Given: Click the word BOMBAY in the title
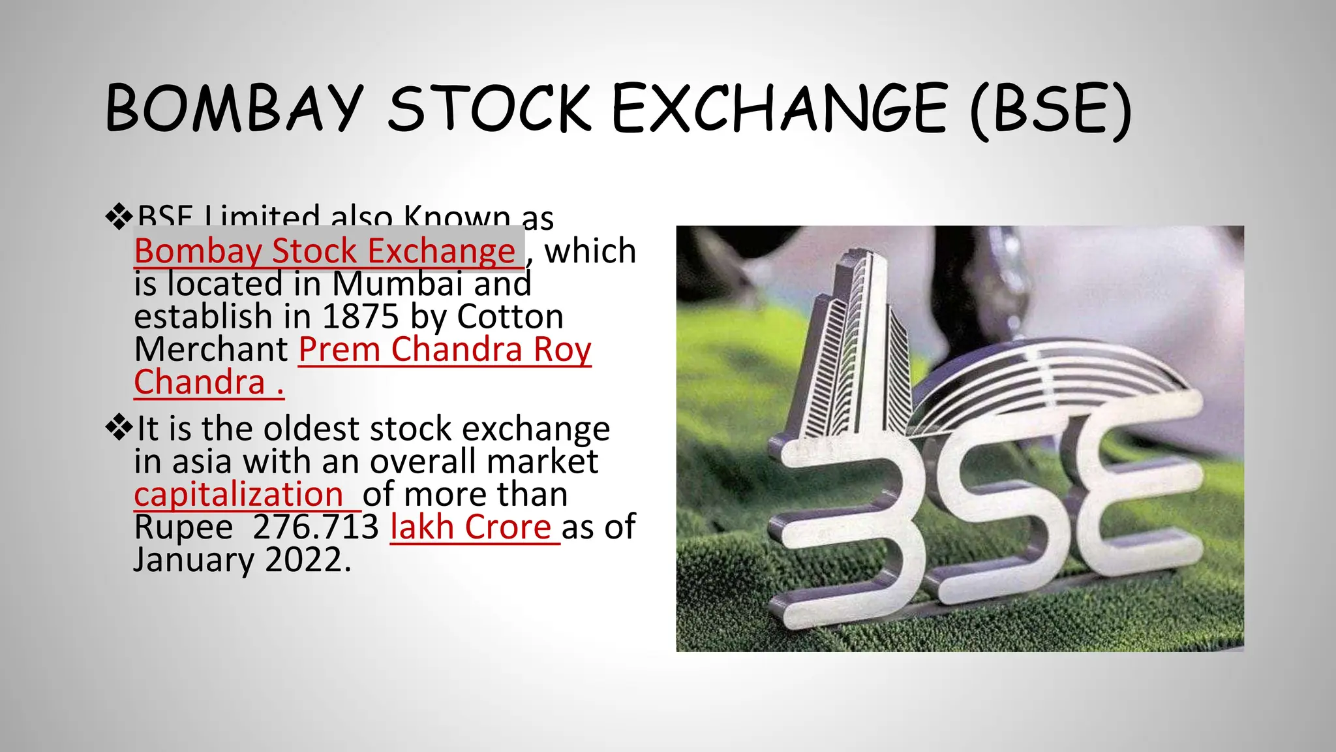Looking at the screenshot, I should (x=234, y=108).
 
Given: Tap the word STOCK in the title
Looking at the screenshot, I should (x=489, y=108).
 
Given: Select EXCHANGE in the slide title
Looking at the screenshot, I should (x=779, y=108).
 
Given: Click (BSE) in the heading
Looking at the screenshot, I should (x=1050, y=108).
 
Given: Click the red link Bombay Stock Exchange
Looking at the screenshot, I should (x=325, y=251).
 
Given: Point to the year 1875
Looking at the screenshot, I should (x=360, y=317).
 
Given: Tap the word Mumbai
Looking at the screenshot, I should (x=397, y=284).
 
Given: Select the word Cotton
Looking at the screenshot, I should (x=509, y=317).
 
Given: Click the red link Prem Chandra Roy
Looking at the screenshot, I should (x=444, y=349).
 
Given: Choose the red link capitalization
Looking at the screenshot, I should (x=239, y=494).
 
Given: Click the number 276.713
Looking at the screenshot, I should (x=316, y=527).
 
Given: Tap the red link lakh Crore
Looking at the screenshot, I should (x=471, y=527).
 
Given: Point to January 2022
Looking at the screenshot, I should (x=241, y=559).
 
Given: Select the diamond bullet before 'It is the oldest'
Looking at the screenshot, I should (x=119, y=428).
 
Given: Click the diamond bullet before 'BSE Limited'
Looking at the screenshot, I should (x=119, y=217).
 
